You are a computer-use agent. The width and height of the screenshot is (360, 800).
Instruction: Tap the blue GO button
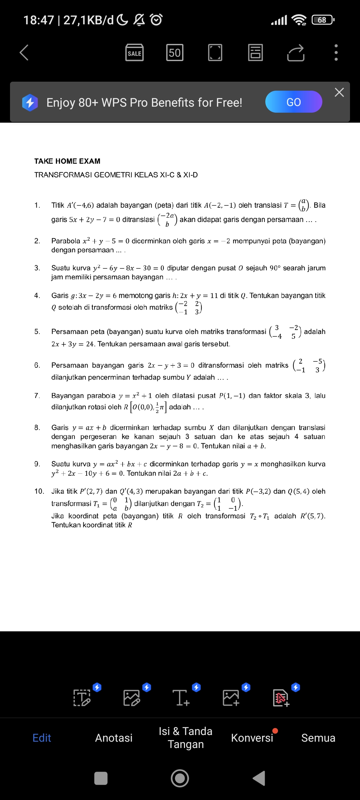coord(293,102)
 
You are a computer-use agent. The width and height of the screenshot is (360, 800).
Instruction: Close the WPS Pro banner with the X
coord(339,92)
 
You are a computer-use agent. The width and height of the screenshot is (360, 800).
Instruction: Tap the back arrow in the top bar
coord(24,53)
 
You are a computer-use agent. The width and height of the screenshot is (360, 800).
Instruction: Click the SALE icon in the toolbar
coord(134,53)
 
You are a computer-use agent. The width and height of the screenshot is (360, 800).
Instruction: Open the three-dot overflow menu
coord(336,53)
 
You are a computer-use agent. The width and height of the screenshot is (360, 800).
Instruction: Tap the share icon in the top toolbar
coord(296,53)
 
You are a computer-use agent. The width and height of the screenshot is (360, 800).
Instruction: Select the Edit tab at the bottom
coord(42,738)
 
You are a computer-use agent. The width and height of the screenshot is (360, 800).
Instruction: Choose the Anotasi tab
coord(114,738)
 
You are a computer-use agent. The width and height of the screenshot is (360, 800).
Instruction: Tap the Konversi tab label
coord(252,738)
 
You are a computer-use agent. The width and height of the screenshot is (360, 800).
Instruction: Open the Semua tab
coord(318,738)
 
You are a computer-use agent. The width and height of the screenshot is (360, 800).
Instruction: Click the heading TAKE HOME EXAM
coord(67,161)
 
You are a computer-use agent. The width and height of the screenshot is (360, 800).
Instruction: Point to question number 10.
coord(39,491)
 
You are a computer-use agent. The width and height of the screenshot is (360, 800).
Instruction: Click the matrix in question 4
coord(189,308)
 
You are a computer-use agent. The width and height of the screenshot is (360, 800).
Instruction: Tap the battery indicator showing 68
coord(323,20)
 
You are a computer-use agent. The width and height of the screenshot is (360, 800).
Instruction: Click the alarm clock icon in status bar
coord(156,20)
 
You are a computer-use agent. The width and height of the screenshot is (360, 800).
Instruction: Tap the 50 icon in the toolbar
coord(175,53)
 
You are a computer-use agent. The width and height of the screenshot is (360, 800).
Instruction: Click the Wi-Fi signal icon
coord(299,20)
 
